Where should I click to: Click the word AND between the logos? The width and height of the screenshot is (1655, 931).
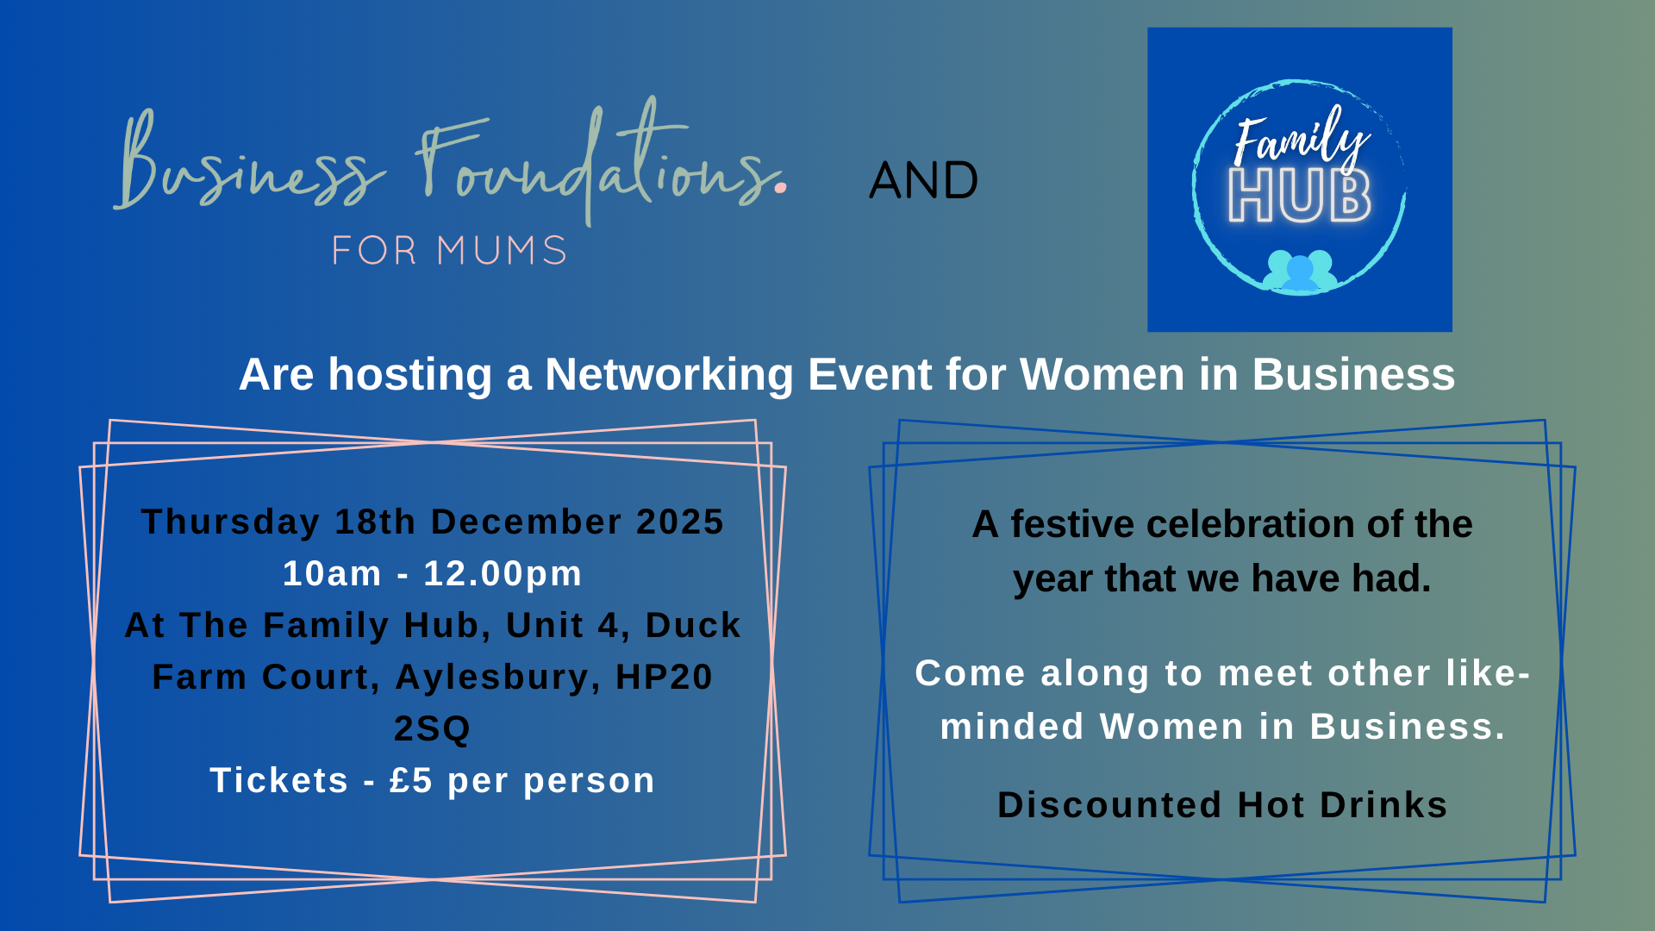click(x=923, y=181)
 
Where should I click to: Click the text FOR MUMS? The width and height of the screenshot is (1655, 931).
click(x=449, y=251)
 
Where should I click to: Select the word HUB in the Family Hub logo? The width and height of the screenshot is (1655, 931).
click(x=1300, y=197)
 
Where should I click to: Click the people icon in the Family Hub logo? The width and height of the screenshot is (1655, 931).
click(x=1300, y=271)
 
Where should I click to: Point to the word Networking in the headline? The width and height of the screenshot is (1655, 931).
click(x=668, y=375)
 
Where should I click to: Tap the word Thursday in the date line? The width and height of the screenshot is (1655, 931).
click(x=230, y=522)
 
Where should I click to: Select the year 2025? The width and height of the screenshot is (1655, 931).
click(x=680, y=522)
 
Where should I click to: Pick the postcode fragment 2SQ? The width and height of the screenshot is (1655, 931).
click(x=433, y=729)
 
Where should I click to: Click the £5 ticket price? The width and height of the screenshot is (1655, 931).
click(x=410, y=781)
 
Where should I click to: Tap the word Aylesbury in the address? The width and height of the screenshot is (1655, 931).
click(x=491, y=678)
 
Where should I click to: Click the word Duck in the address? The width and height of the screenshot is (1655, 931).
click(x=693, y=626)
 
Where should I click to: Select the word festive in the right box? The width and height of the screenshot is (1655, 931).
click(x=1070, y=525)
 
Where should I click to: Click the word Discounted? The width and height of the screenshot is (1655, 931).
click(x=1109, y=805)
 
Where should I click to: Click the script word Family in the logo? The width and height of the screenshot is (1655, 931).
click(x=1300, y=138)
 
